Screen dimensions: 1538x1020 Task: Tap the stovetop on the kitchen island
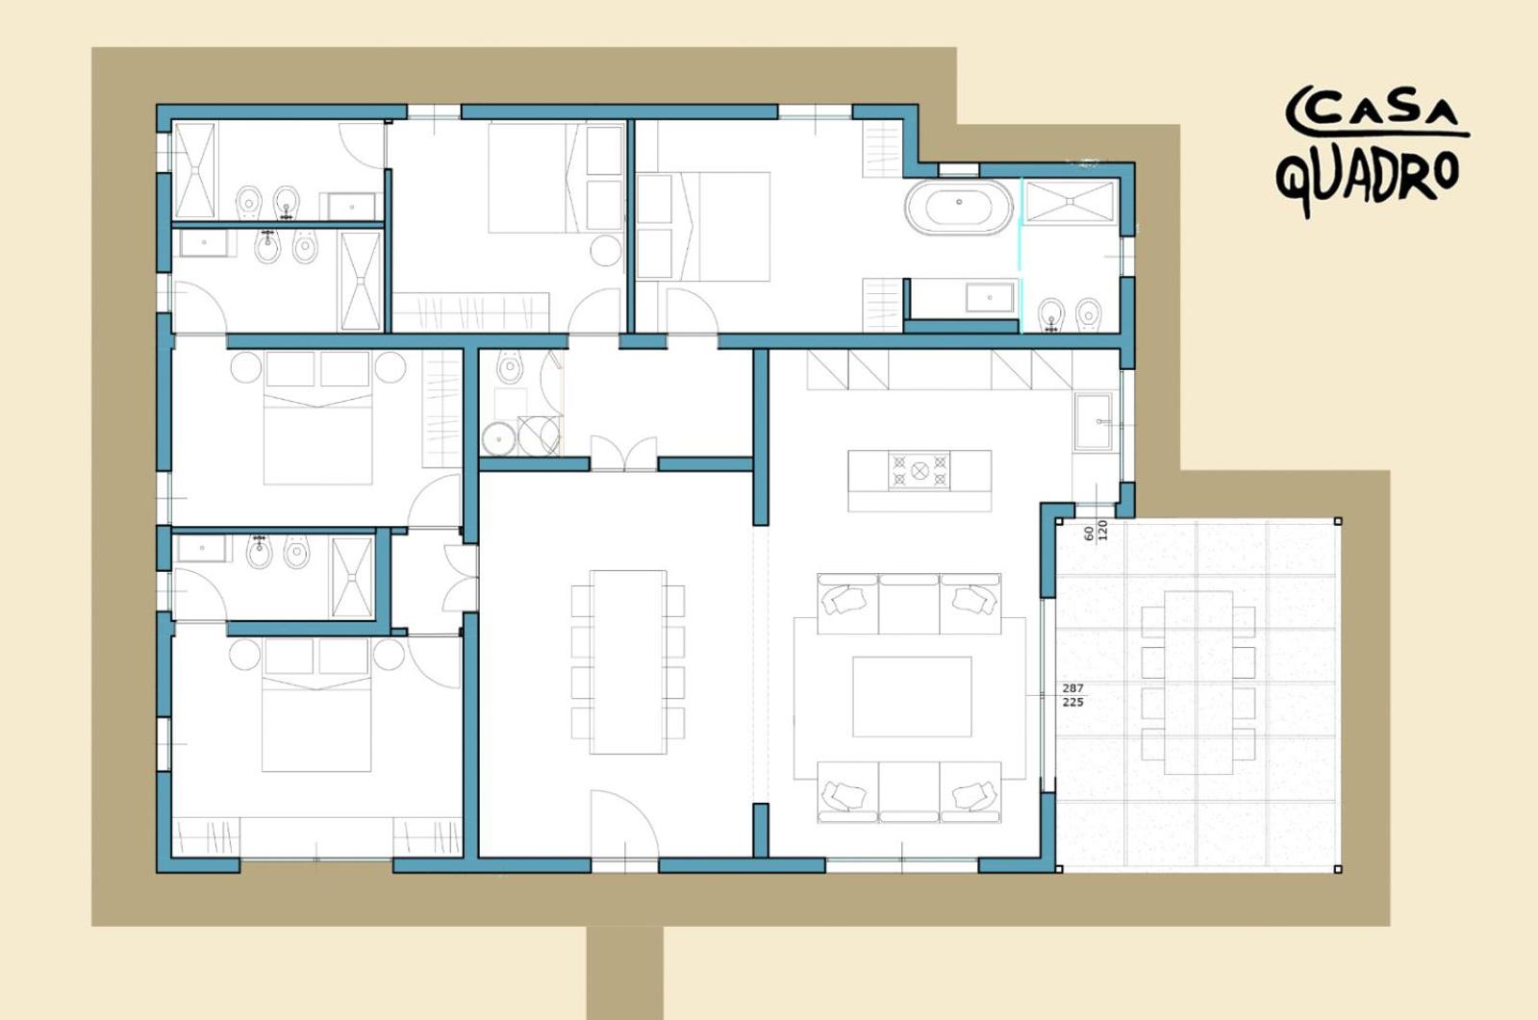(920, 470)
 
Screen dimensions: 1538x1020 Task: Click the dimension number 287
(1072, 687)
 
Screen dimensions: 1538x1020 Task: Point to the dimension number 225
(1072, 702)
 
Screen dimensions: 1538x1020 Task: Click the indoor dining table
(628, 661)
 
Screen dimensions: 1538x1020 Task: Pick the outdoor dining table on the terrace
(1198, 683)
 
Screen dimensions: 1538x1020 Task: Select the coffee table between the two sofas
(912, 696)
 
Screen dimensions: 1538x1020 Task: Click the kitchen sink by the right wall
(1093, 421)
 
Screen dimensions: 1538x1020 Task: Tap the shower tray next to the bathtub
(1071, 202)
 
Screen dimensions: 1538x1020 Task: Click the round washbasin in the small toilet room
(498, 438)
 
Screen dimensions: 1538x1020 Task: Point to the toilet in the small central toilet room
(509, 367)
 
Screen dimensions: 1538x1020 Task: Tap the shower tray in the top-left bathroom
(195, 171)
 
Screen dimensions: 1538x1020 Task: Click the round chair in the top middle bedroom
(606, 251)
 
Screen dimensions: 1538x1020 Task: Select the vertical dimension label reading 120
(1102, 530)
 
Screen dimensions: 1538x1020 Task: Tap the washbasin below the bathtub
(990, 298)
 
